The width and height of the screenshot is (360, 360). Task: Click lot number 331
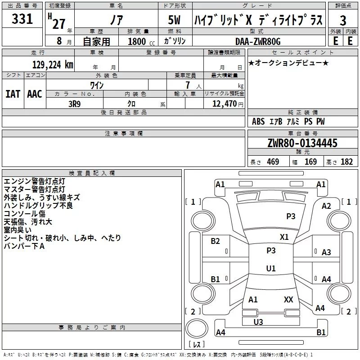(22, 18)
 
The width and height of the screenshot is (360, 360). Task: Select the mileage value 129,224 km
(53, 64)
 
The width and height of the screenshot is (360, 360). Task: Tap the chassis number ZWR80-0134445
(302, 143)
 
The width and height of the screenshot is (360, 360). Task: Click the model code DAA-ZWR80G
(258, 41)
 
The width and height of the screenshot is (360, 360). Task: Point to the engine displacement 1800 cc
(141, 41)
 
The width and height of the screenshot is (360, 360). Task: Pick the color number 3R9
(74, 104)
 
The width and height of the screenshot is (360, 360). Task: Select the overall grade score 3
(343, 20)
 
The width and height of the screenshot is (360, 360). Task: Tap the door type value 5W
(174, 20)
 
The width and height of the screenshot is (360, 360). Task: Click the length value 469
(273, 162)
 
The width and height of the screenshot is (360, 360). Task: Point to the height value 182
(346, 162)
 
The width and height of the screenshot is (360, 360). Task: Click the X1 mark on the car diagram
(284, 237)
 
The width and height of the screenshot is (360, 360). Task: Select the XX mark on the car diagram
(288, 299)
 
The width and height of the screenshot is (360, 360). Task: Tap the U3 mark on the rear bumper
(258, 322)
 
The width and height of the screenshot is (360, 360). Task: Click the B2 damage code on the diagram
(216, 241)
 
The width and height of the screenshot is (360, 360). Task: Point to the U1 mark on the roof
(271, 268)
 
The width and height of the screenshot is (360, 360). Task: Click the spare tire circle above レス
(197, 328)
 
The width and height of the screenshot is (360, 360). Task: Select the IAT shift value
(13, 94)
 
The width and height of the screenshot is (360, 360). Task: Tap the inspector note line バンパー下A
(24, 246)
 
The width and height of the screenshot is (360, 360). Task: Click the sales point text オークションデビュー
(288, 63)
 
